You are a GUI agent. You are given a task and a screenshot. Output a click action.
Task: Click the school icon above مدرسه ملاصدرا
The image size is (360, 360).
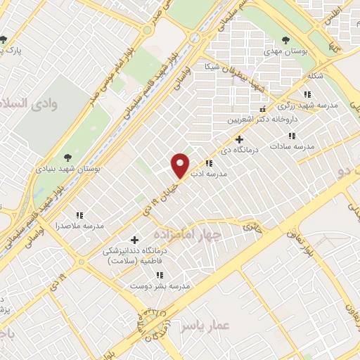click(x=79, y=215)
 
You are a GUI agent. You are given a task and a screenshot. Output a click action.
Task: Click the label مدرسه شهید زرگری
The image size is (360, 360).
click(x=308, y=105)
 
